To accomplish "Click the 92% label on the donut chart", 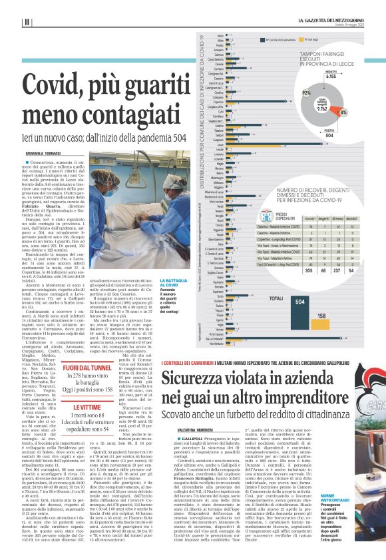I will click(307, 94).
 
